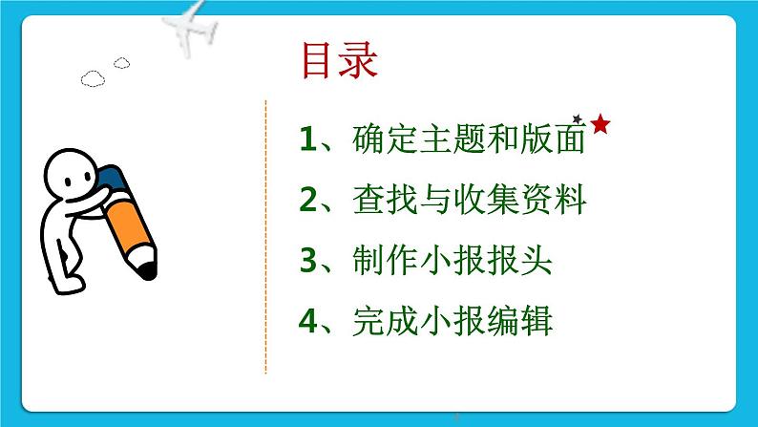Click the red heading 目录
(339, 60)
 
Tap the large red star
(600, 124)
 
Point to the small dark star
(578, 118)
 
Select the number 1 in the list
(307, 139)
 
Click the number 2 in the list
(308, 200)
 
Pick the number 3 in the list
(308, 260)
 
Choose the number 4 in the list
(308, 321)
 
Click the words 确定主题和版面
(469, 139)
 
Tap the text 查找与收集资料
(469, 200)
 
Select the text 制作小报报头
(452, 260)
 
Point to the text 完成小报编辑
(452, 321)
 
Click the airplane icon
(190, 28)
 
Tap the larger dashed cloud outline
(93, 79)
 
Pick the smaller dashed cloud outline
(122, 63)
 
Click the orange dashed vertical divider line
(266, 237)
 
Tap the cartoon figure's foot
(68, 285)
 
